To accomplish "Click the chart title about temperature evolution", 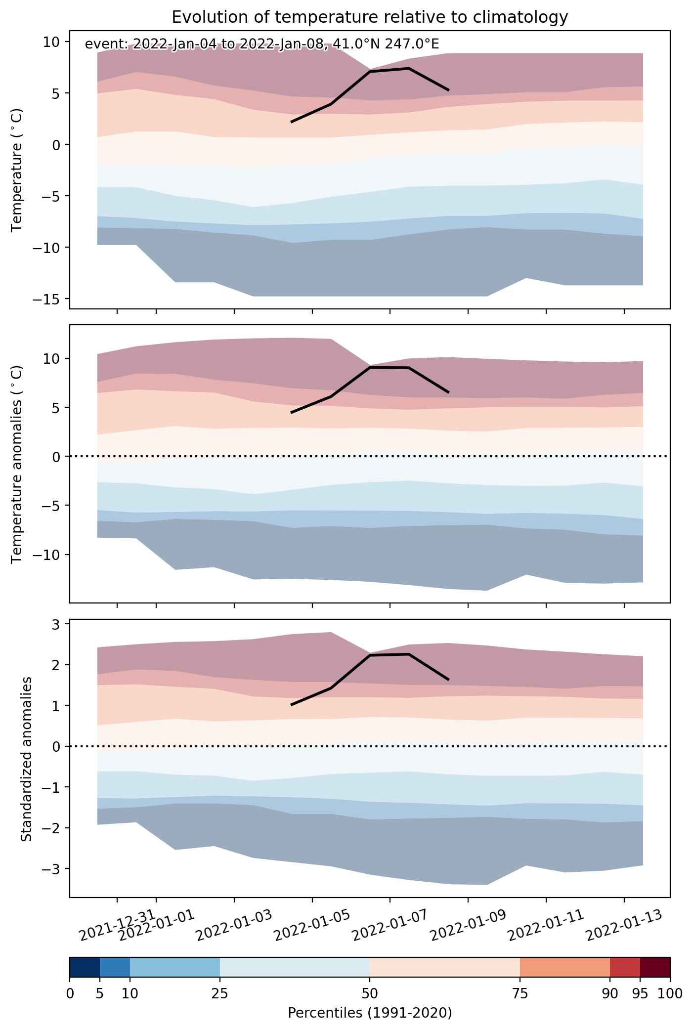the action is (x=370, y=17).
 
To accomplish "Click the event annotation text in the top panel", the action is (x=262, y=44).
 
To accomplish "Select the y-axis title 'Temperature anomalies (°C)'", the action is (x=17, y=464).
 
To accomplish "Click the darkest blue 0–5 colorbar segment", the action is (x=85, y=967).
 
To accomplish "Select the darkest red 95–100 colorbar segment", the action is (x=655, y=967).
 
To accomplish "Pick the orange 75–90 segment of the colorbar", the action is (x=565, y=967).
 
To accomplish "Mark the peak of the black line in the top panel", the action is (x=409, y=68).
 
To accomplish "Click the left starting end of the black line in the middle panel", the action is (x=292, y=412).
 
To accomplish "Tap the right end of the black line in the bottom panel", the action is (x=448, y=680).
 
